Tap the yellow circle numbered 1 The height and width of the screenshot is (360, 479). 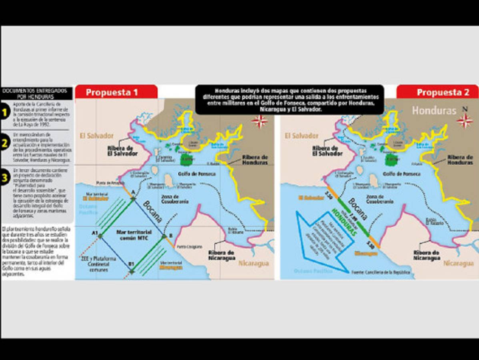(x=5, y=112)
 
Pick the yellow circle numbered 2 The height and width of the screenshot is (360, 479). (x=5, y=143)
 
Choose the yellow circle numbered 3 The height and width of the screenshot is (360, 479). (x=5, y=178)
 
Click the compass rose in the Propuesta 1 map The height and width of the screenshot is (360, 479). (x=260, y=121)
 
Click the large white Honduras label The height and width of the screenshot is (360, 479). (x=434, y=110)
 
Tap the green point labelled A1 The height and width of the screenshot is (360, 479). (x=100, y=236)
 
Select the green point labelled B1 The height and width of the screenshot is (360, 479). (x=132, y=272)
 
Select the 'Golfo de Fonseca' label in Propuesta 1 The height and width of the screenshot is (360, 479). (x=198, y=174)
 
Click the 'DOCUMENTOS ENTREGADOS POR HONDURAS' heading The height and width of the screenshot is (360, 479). (x=37, y=94)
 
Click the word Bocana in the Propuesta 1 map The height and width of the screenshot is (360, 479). (x=153, y=211)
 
